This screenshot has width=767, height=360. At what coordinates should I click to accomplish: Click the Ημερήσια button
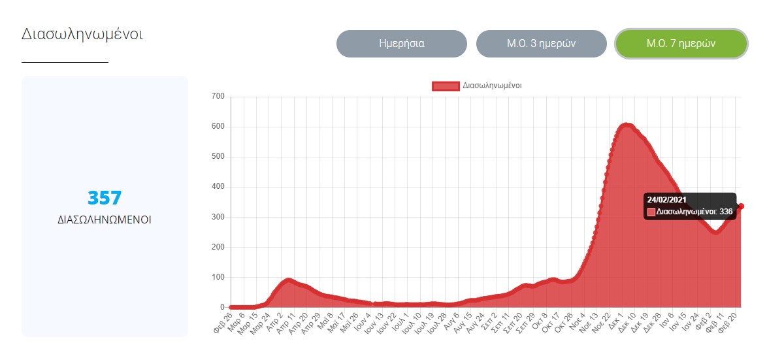[x=401, y=44]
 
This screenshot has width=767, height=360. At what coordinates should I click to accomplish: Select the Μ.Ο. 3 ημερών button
[x=541, y=44]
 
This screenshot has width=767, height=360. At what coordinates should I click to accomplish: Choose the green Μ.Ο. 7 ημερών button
[x=681, y=44]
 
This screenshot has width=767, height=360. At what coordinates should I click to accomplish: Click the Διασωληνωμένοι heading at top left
[x=82, y=34]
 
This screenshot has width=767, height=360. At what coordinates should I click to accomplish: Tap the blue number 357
[x=105, y=198]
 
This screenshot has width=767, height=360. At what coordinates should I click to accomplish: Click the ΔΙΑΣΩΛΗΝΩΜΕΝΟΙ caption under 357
[x=105, y=220]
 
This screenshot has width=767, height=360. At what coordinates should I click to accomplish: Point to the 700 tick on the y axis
[x=218, y=97]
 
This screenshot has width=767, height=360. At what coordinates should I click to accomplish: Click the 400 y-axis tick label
[x=218, y=187]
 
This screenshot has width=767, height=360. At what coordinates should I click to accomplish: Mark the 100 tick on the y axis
[x=218, y=277]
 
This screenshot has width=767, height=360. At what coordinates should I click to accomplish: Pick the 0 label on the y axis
[x=222, y=307]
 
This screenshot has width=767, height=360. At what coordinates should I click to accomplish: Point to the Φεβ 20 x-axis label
[x=734, y=321]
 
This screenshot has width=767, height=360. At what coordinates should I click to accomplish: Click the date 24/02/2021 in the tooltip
[x=666, y=199]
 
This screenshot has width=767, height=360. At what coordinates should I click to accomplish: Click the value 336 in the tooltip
[x=726, y=212]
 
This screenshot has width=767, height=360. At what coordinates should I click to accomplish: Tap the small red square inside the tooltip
[x=651, y=212]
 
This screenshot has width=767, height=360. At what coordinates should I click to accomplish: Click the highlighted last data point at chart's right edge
[x=741, y=206]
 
